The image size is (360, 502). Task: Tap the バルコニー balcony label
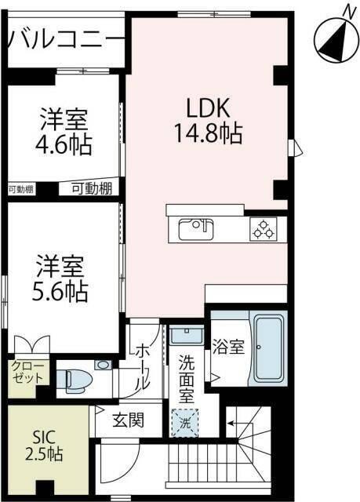(66, 38)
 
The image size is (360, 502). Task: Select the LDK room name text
(207, 107)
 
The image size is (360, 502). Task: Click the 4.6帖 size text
(64, 145)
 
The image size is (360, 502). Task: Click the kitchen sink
(195, 230)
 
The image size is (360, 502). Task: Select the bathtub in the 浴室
(268, 349)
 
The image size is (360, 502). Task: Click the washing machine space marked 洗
(186, 421)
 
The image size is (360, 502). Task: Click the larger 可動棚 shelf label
(92, 188)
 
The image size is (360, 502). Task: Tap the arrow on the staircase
(233, 423)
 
